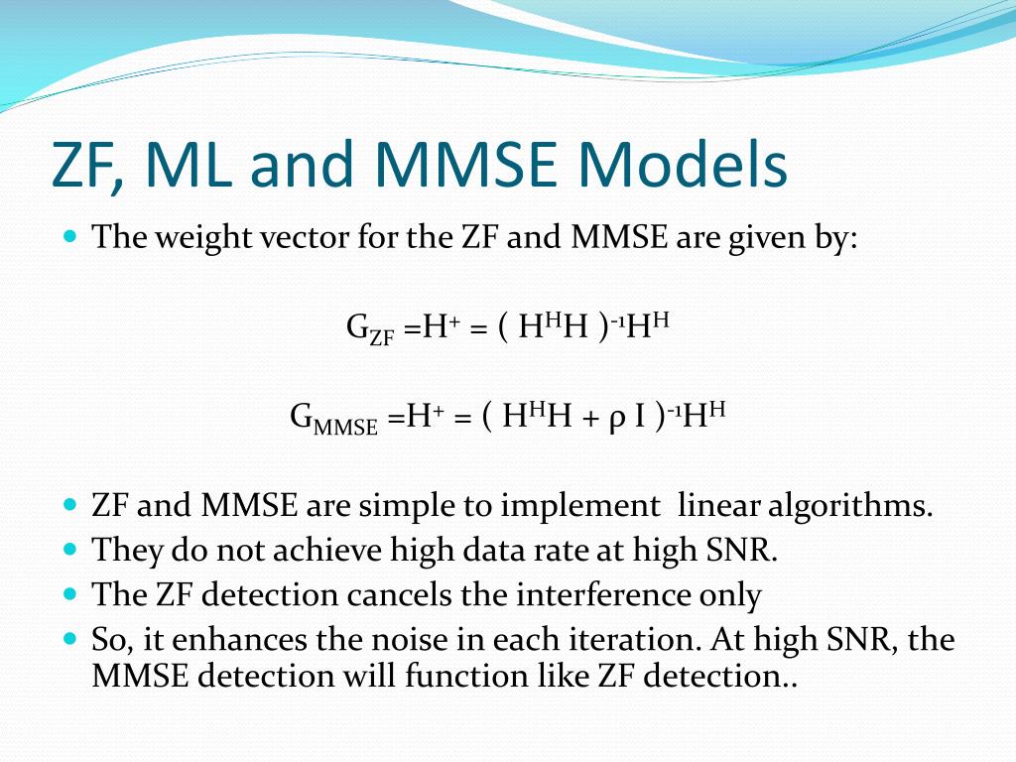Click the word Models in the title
pyautogui.click(x=683, y=164)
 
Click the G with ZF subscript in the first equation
pyautogui.click(x=370, y=328)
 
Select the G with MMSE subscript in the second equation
pyautogui.click(x=333, y=418)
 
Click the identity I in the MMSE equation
pyautogui.click(x=640, y=416)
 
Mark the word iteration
pyautogui.click(x=636, y=640)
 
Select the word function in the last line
pyautogui.click(x=464, y=676)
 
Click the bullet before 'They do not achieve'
pyautogui.click(x=70, y=550)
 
